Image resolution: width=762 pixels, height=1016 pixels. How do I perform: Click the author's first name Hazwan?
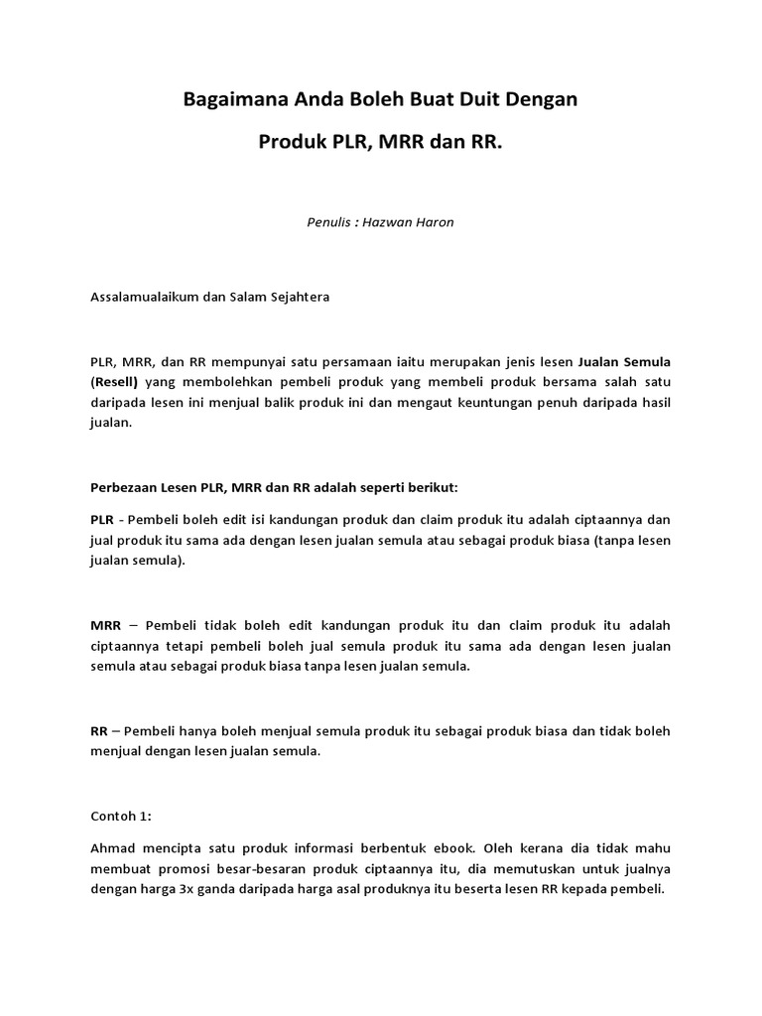tap(388, 222)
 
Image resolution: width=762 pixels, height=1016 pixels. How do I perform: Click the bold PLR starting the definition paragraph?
tap(101, 519)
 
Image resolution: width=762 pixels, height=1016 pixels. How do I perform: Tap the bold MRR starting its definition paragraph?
tap(105, 626)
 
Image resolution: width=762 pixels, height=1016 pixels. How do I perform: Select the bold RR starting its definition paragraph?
tap(98, 731)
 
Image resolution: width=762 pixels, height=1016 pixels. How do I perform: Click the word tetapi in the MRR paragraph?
tap(180, 646)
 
